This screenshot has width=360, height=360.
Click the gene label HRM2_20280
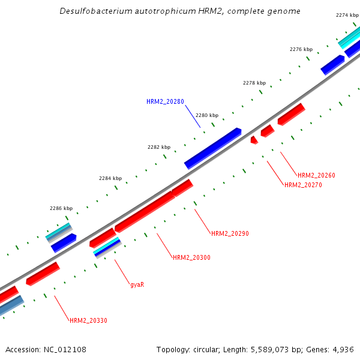click(x=165, y=101)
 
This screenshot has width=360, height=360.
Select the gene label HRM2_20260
click(x=316, y=175)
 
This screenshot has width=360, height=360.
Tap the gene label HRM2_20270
click(x=303, y=185)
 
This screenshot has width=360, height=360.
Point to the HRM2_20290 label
click(x=230, y=233)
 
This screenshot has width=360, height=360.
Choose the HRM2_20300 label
click(x=191, y=257)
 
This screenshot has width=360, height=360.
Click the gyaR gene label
click(x=137, y=284)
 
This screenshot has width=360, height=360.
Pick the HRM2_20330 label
click(x=88, y=320)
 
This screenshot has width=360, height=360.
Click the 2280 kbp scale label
click(x=207, y=115)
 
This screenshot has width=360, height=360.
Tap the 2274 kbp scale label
click(x=347, y=14)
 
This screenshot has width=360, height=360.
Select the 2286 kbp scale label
click(x=61, y=209)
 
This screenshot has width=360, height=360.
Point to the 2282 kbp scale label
click(x=159, y=147)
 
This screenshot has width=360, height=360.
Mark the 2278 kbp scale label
click(x=254, y=83)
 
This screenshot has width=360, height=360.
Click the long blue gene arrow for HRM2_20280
click(x=212, y=148)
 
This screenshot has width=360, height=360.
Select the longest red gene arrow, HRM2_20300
click(x=145, y=212)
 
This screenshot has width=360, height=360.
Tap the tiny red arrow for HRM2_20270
click(x=254, y=140)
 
